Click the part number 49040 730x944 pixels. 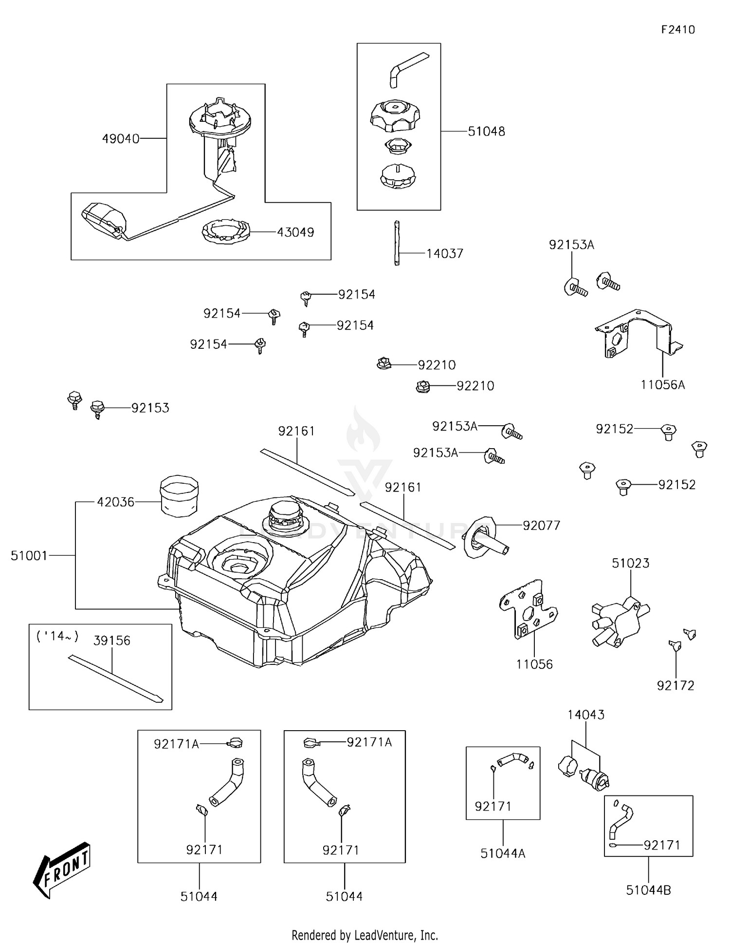tap(120, 139)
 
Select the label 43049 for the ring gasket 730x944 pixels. tap(295, 232)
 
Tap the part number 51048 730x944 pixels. tap(486, 132)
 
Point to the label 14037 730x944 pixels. tap(445, 254)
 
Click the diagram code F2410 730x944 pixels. tap(678, 30)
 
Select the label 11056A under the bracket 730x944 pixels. tap(662, 385)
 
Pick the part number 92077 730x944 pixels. tap(541, 526)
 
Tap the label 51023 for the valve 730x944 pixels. tap(630, 563)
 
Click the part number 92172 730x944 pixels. tap(675, 686)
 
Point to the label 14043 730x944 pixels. tap(586, 715)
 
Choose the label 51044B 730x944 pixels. tap(648, 890)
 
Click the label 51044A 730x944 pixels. tap(503, 853)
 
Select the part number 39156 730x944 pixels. tap(112, 641)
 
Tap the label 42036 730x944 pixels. tap(115, 502)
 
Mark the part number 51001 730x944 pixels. tap(29, 555)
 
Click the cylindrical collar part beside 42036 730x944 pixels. tap(179, 496)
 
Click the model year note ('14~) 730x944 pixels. tap(57, 636)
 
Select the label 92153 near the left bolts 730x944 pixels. tap(150, 408)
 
